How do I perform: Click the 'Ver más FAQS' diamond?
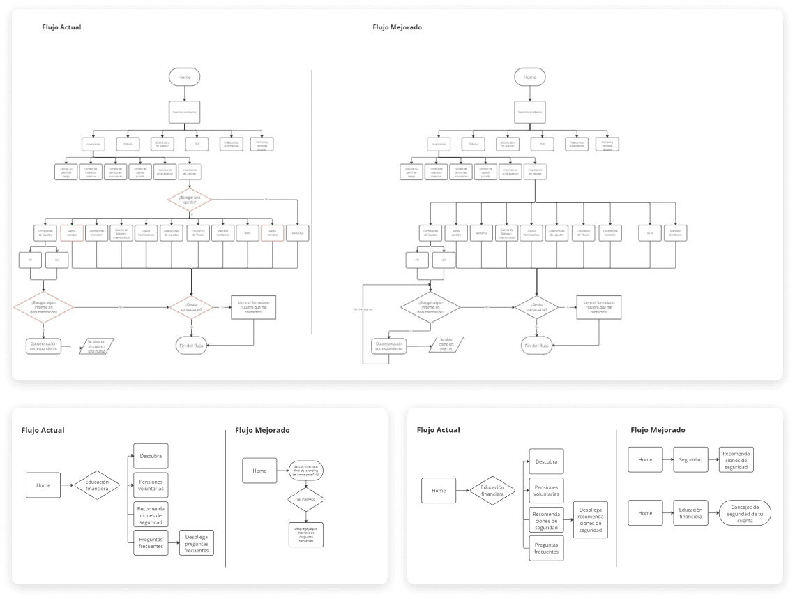pyautogui.click(x=302, y=500)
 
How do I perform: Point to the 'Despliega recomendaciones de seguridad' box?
pyautogui.click(x=590, y=519)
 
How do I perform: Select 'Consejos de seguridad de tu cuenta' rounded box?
pyautogui.click(x=745, y=513)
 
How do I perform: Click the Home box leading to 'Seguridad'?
pyautogui.click(x=645, y=460)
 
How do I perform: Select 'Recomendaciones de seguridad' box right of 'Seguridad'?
pyautogui.click(x=736, y=460)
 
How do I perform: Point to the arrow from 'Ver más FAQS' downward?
pyautogui.click(x=302, y=515)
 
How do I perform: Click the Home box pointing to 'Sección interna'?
pyautogui.click(x=259, y=471)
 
